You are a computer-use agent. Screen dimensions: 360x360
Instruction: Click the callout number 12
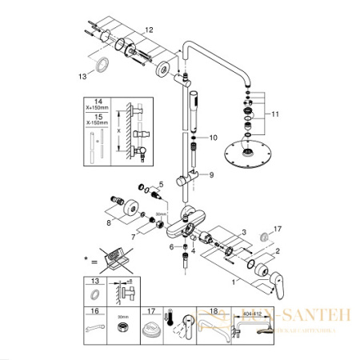point(149,30)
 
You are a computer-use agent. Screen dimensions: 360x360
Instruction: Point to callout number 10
point(212,138)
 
